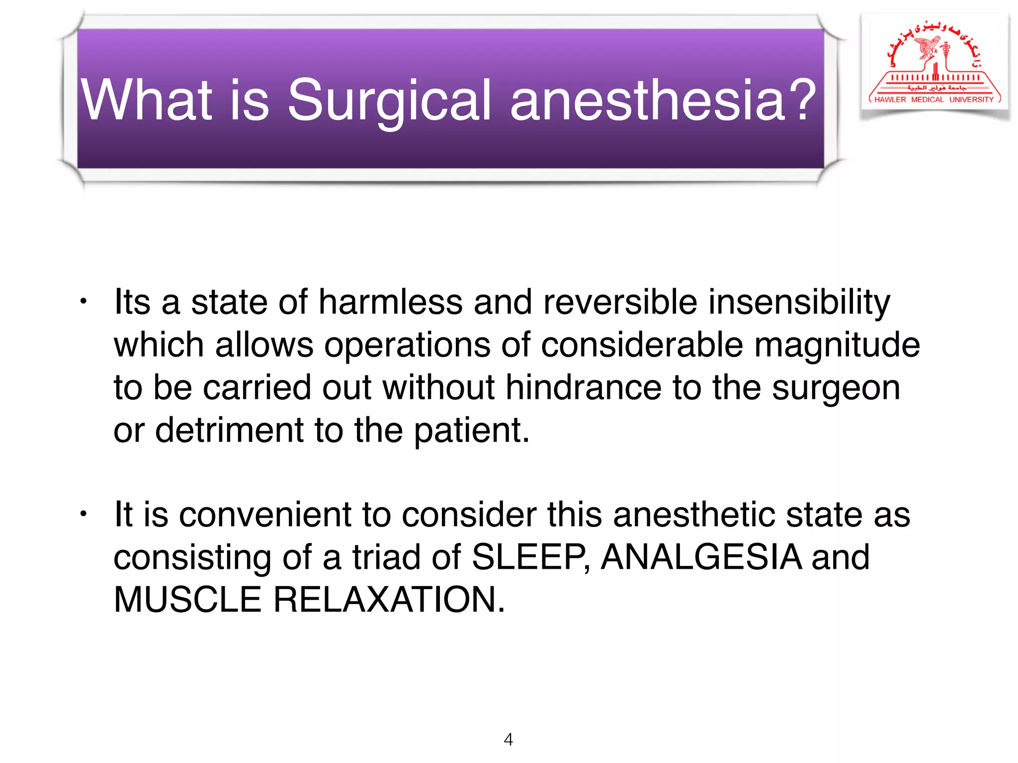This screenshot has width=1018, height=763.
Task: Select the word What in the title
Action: coord(147,100)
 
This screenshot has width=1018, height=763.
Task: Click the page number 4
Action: coord(508,739)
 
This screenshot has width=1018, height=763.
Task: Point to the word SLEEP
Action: coord(529,557)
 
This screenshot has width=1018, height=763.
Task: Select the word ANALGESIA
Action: coord(701,557)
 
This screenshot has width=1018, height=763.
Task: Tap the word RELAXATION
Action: coord(388,600)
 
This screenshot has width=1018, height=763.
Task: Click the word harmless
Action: coord(390,302)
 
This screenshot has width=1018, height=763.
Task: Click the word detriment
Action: coord(229,430)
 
